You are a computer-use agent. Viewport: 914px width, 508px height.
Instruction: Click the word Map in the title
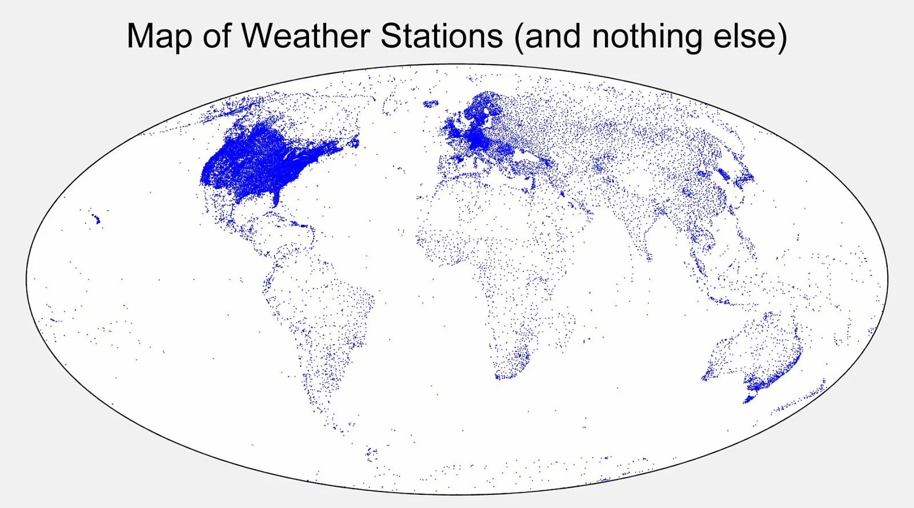(159, 36)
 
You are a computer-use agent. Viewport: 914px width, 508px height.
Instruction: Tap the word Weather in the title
(306, 36)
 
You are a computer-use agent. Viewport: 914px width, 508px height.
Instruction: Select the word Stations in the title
(441, 36)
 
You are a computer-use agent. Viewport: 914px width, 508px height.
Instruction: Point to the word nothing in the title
(647, 36)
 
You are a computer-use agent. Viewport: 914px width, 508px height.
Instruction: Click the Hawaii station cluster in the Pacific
(95, 218)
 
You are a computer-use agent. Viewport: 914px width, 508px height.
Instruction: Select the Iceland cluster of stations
(430, 104)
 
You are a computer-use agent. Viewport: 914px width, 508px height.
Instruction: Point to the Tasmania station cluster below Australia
(749, 398)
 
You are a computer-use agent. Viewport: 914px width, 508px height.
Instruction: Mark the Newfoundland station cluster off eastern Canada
(354, 140)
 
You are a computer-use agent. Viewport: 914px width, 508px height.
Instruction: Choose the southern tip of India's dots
(649, 258)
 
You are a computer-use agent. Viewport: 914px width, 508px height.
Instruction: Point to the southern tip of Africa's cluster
(503, 376)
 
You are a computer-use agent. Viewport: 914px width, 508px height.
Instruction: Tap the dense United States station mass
(257, 163)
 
